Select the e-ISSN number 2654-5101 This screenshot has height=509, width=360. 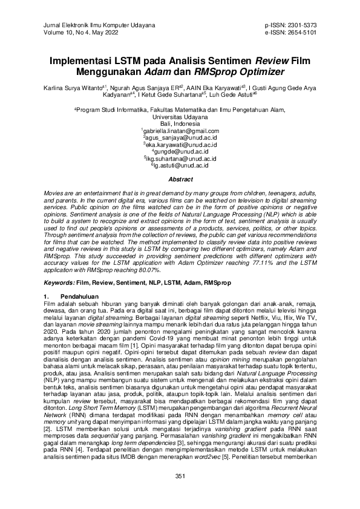299,33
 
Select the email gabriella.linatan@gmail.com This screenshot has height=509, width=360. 180,131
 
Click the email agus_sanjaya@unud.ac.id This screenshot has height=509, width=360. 180,137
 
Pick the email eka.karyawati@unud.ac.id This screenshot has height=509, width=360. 180,144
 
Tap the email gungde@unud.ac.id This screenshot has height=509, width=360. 180,151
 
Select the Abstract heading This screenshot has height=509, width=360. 180,180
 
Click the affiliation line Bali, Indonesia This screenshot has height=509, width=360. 180,123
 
